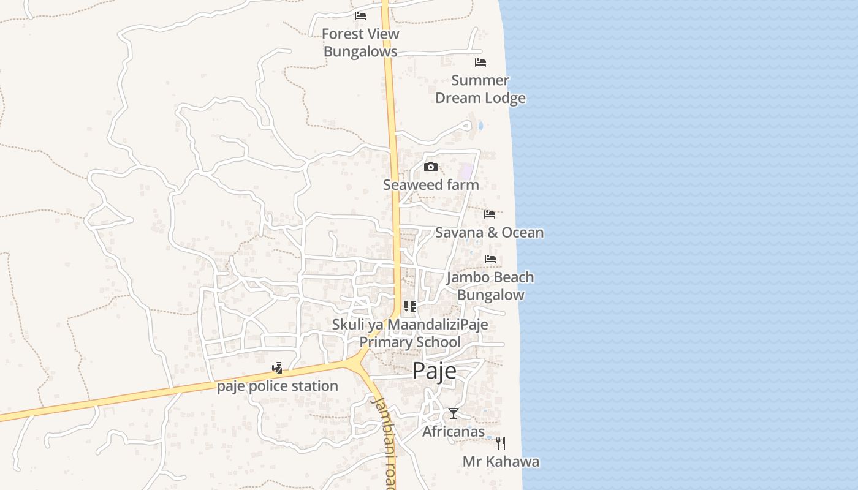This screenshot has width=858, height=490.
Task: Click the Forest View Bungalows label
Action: point(360,43)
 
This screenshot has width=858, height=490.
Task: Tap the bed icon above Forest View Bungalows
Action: point(360,15)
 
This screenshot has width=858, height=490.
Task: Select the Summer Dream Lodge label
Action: point(480,89)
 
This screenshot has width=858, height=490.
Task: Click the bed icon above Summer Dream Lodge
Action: point(480,62)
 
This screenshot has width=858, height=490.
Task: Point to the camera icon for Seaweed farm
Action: point(431,167)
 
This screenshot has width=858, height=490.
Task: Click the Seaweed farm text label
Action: point(431,184)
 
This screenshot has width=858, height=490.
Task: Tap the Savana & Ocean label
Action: point(489,232)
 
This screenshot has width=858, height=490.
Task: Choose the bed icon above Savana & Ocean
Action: point(490,214)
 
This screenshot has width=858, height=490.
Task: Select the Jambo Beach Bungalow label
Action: point(490,286)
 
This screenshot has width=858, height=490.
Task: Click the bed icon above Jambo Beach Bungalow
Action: point(490,259)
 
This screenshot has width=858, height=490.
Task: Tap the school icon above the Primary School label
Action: point(410,306)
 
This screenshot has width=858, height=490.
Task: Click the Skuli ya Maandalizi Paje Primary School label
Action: point(410,333)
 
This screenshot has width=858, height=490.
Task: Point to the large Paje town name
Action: point(434,371)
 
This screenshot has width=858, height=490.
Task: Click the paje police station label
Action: point(278,386)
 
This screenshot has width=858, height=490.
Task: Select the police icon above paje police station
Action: point(278,368)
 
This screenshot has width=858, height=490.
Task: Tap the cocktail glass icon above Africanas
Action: point(453,413)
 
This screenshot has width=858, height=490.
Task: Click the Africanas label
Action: point(454,431)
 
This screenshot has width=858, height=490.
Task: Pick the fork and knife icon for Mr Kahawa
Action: point(501,443)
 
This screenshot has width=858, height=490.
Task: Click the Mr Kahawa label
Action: point(501,461)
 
